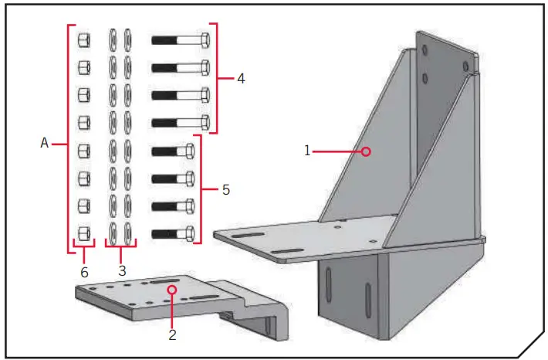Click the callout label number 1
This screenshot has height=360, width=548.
[x=307, y=151]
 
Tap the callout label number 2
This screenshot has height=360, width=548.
[x=172, y=335]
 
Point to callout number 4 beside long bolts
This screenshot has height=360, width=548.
[x=241, y=79]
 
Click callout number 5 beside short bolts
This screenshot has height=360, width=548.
[x=225, y=189]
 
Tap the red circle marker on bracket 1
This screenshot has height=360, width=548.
[x=367, y=151]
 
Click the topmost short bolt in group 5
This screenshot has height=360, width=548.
[x=174, y=151]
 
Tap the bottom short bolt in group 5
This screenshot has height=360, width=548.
[x=174, y=233]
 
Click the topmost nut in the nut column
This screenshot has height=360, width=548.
[x=85, y=39]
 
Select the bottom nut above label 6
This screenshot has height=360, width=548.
[x=85, y=233]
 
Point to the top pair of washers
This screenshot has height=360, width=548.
[x=120, y=39]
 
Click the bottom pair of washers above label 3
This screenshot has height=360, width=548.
[x=120, y=233]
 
